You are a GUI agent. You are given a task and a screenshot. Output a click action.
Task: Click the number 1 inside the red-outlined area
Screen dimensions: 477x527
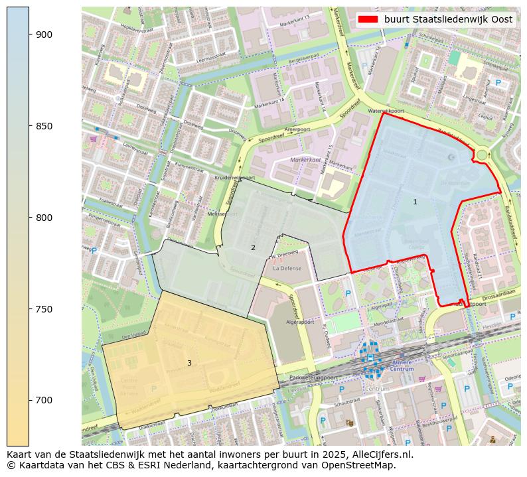(x=415, y=202)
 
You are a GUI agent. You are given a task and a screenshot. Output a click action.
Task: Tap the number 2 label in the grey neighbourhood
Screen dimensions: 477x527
(x=253, y=247)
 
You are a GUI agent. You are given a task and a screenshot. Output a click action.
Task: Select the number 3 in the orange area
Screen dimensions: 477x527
(x=189, y=363)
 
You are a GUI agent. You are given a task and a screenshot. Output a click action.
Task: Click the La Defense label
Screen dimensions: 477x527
(x=287, y=269)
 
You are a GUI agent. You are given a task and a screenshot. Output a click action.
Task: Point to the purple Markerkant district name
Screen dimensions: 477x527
(x=305, y=161)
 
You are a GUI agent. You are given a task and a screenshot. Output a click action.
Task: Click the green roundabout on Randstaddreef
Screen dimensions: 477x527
(x=482, y=155)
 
